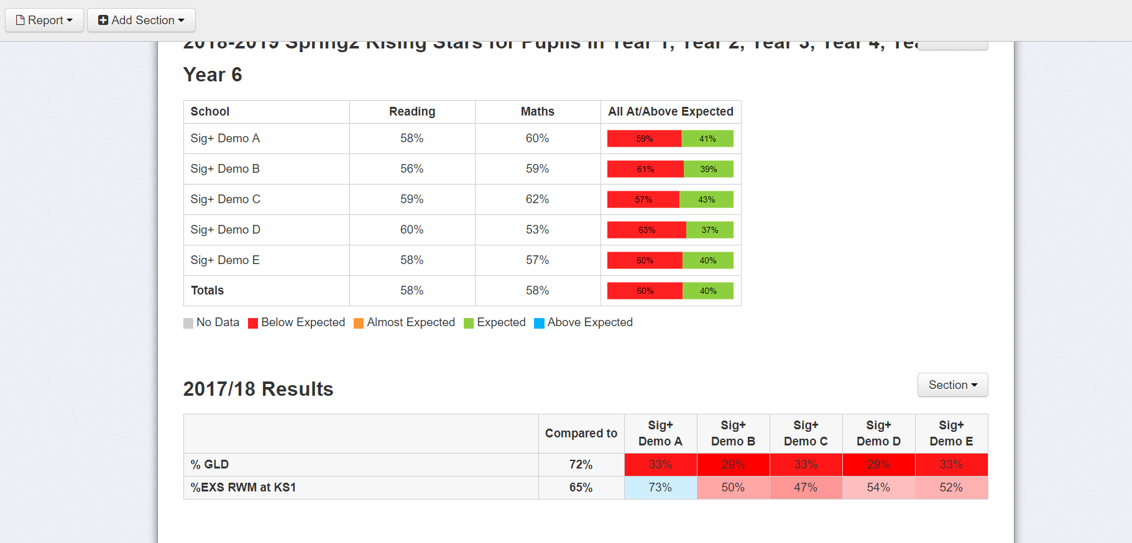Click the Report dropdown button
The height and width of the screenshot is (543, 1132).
[44, 20]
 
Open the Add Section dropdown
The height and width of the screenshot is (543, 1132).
[141, 20]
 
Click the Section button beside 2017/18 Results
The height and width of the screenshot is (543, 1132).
[952, 385]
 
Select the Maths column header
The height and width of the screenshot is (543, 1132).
[537, 112]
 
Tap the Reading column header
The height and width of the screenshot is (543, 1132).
[412, 112]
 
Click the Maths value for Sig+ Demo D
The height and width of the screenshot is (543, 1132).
[537, 230]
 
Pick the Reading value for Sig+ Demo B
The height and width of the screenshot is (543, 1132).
[412, 169]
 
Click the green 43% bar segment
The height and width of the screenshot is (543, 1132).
[706, 199]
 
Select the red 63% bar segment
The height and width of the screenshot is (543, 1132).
[647, 230]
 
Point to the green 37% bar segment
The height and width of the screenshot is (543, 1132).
[710, 230]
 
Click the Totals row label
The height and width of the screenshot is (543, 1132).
[207, 291]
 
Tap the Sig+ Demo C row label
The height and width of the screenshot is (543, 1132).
[225, 199]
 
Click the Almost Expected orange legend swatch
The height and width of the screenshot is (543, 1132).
[359, 323]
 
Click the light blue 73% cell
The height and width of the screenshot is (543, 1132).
[660, 488]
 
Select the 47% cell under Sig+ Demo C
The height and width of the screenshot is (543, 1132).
[806, 488]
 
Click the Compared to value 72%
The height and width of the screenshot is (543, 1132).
[581, 465]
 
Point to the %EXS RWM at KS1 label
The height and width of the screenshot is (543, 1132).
[243, 488]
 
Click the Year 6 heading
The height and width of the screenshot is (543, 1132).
[213, 75]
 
